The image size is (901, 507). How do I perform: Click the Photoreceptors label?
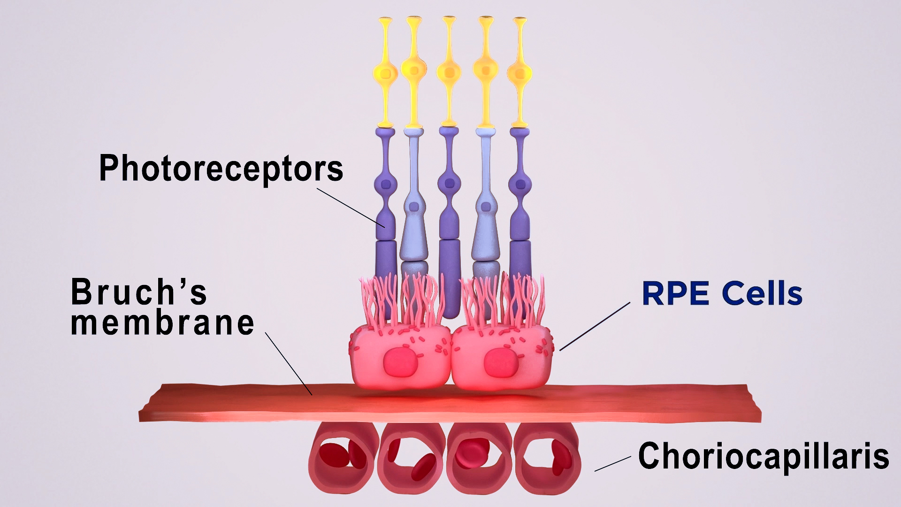click(x=221, y=169)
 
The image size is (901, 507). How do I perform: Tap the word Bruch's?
click(x=139, y=292)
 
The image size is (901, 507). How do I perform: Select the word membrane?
click(x=162, y=323)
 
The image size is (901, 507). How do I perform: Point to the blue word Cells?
click(x=762, y=293)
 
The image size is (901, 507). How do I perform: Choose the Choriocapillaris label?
click(x=764, y=456)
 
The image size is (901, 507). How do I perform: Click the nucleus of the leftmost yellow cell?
click(x=386, y=73)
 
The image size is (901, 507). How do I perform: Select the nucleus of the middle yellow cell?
click(x=449, y=73)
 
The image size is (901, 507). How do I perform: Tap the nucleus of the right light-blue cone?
click(x=486, y=206)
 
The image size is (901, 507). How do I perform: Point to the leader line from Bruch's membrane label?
click(x=289, y=364)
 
